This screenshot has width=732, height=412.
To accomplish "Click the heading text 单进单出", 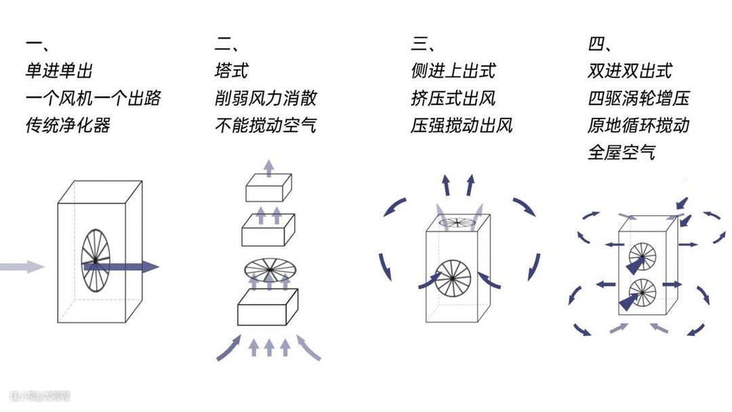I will (59, 70).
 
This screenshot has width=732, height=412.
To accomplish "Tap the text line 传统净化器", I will (68, 125).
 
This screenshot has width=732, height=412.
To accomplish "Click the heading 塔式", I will (231, 70).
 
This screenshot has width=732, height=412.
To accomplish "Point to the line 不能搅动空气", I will (265, 125).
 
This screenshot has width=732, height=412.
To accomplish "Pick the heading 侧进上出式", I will (453, 70).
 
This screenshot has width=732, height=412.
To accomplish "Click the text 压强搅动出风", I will (462, 125).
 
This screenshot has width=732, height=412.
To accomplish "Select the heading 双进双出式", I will (630, 70).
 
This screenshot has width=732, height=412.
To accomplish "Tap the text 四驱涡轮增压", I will (638, 98).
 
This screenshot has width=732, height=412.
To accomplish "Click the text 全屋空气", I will (621, 152).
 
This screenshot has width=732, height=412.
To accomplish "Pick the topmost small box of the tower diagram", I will (268, 187).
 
